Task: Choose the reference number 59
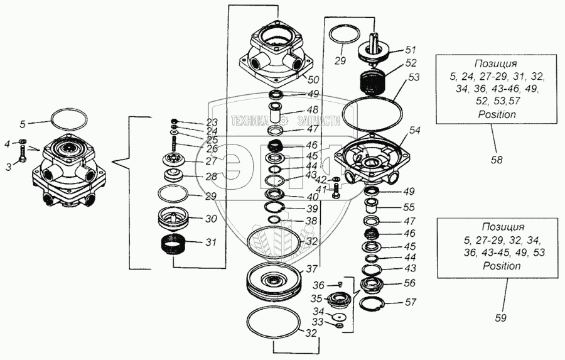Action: point(500,318)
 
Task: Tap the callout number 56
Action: point(410,283)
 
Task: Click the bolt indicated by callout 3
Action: point(23,156)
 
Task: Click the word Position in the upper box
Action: point(496,115)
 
